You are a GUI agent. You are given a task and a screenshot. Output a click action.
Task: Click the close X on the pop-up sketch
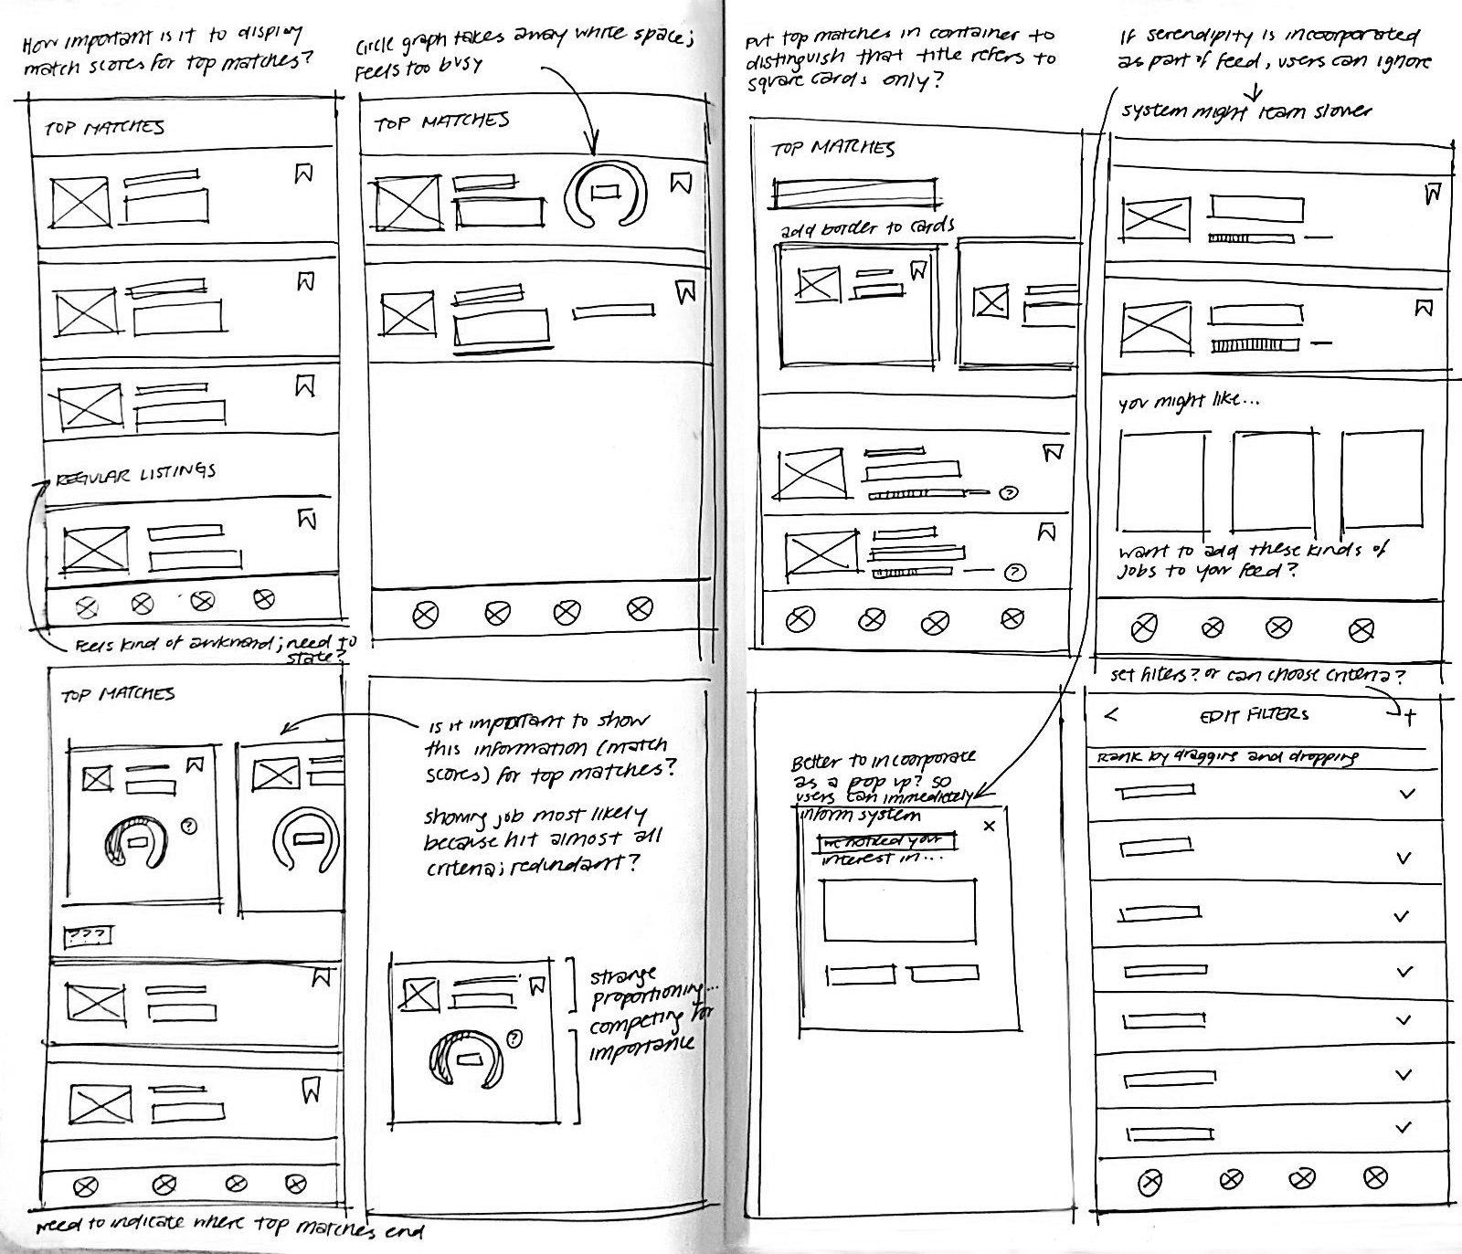[x=988, y=827]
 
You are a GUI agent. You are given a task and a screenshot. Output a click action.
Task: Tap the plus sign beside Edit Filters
[x=1410, y=718]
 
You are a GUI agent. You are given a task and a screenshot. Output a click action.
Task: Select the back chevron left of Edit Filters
[x=1110, y=715]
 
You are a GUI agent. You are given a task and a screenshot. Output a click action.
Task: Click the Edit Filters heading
[x=1254, y=715]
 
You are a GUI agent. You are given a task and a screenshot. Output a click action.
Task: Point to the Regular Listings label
[x=136, y=474]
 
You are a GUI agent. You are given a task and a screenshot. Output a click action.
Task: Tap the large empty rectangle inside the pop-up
[x=899, y=911]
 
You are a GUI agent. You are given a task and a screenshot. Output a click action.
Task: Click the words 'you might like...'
[x=1188, y=402]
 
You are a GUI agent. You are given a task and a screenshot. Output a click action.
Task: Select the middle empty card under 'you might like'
[x=1274, y=480]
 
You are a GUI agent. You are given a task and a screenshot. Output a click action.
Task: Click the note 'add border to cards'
[x=867, y=227]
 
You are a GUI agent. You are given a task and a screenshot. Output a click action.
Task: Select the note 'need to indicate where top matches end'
[x=228, y=1227]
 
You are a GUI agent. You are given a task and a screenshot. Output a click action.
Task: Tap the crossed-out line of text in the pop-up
[x=885, y=840]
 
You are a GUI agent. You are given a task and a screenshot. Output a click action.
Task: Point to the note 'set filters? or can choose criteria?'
[x=1256, y=676]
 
